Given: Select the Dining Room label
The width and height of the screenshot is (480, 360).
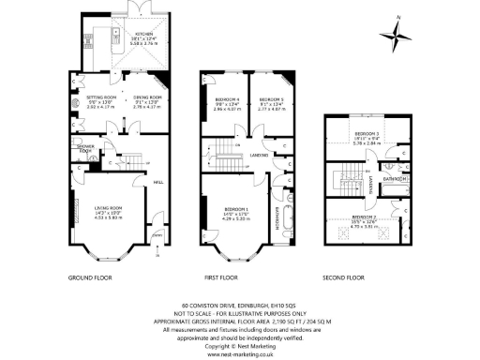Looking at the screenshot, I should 147,97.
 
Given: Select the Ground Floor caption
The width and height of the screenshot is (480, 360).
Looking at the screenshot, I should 92,278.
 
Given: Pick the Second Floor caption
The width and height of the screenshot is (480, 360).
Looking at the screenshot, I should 343,278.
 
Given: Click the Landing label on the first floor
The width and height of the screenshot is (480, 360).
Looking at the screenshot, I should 260,155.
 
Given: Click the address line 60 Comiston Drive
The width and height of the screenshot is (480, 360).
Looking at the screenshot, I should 239,305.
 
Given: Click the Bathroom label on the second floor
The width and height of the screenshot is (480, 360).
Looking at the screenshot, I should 394,177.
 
